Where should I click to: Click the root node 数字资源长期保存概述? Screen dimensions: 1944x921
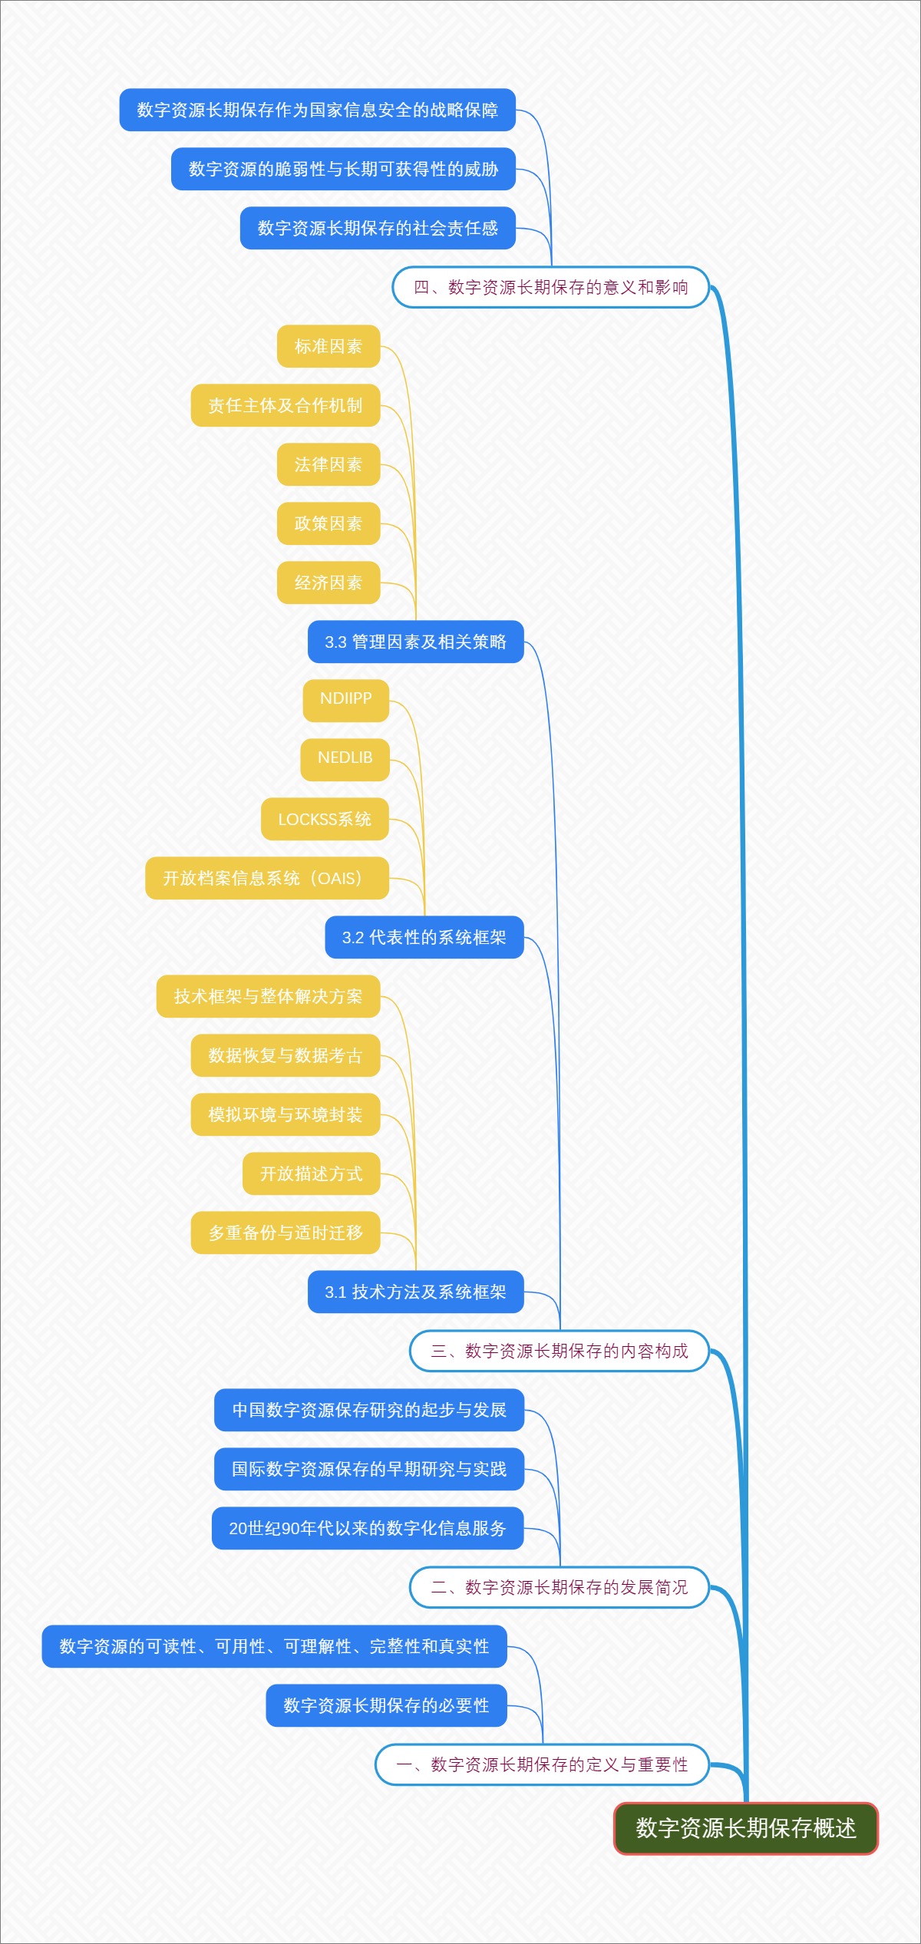click(745, 1828)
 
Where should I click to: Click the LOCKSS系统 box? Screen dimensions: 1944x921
click(325, 819)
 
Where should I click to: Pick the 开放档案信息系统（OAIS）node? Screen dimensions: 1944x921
click(266, 878)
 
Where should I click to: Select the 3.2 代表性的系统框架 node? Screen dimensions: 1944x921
click(424, 937)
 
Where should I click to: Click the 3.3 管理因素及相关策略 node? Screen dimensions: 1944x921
click(415, 642)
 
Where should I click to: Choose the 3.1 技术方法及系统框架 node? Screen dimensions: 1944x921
click(415, 1292)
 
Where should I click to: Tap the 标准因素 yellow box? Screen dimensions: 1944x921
click(328, 346)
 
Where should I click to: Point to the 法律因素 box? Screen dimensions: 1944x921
click(328, 464)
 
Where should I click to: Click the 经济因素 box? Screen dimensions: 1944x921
click(328, 583)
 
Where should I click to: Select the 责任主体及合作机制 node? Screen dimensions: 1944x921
click(286, 405)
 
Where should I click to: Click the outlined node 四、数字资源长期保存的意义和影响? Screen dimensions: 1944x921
click(550, 287)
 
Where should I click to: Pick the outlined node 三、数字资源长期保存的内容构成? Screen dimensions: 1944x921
click(559, 1351)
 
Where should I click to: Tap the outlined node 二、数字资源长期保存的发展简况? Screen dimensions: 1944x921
click(559, 1587)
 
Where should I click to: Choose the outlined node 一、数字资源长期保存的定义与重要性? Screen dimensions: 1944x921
click(542, 1764)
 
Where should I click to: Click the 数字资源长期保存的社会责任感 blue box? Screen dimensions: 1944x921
click(378, 228)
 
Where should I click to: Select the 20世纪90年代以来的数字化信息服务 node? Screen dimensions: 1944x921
click(368, 1528)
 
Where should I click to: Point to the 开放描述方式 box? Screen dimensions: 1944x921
click(311, 1173)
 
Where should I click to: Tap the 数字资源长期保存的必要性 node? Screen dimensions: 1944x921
click(386, 1705)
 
